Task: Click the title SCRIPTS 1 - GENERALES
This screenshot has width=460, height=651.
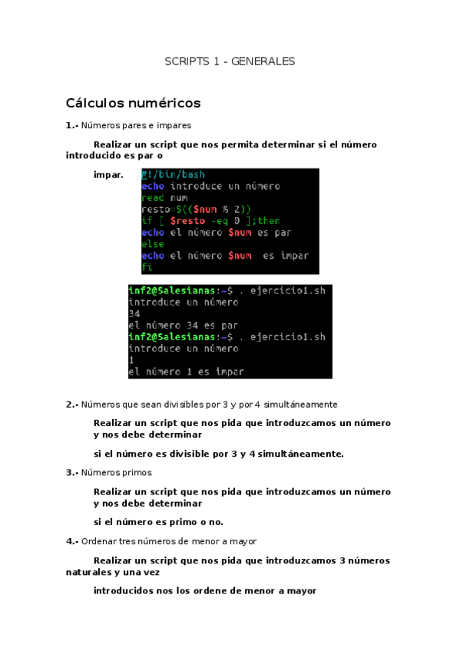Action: click(230, 61)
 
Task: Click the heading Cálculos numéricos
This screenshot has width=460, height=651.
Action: click(133, 103)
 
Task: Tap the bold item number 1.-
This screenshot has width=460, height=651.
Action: click(72, 125)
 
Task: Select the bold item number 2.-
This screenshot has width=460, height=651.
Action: click(72, 404)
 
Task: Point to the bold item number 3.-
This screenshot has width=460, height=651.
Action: click(72, 472)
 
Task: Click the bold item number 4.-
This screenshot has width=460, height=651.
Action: click(72, 541)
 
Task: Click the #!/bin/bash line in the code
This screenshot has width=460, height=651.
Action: click(173, 175)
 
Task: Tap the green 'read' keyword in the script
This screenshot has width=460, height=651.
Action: click(152, 197)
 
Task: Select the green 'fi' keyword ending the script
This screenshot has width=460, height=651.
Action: click(147, 266)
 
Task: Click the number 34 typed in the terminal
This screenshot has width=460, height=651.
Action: click(134, 313)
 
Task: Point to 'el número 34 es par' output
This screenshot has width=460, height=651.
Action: click(183, 325)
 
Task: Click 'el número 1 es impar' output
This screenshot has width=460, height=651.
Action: click(186, 372)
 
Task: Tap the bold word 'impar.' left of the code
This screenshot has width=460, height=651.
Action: click(108, 175)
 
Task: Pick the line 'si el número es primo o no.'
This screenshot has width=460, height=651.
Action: click(158, 522)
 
